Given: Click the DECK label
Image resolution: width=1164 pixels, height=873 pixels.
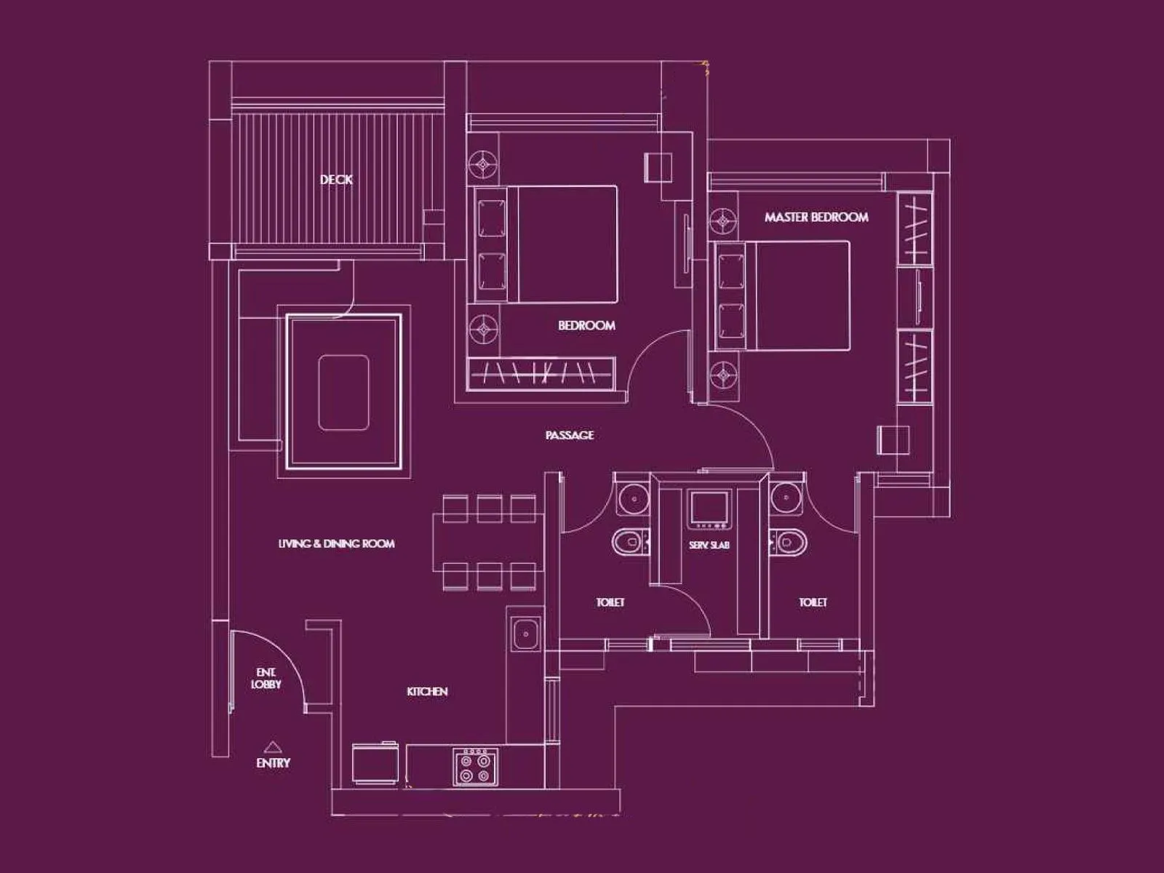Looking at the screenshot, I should (x=336, y=179).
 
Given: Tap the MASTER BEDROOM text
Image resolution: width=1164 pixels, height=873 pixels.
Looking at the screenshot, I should (x=816, y=217).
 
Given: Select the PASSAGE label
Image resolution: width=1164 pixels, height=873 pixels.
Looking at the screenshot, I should (x=570, y=435).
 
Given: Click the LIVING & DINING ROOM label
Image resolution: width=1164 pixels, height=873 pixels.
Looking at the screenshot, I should (x=336, y=543).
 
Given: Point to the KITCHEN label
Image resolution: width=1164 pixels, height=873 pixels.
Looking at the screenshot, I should (x=427, y=691).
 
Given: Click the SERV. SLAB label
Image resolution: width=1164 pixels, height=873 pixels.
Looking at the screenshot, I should (x=709, y=545).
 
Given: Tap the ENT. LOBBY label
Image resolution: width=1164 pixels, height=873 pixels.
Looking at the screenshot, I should (x=266, y=679).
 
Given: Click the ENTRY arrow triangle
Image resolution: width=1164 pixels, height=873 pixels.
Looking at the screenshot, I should (x=272, y=746).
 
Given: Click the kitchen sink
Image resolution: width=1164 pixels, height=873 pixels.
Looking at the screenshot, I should (x=525, y=634).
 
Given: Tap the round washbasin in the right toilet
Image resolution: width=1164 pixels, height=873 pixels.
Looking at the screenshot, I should (x=786, y=498).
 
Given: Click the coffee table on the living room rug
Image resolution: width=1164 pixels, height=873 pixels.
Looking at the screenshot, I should (x=343, y=392).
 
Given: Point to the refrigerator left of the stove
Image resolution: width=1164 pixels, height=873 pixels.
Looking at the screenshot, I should (x=375, y=764).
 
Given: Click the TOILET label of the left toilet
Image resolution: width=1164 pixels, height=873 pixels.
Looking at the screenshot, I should (x=610, y=602).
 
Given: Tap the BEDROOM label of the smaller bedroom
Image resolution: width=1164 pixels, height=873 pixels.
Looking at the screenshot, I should (x=586, y=325).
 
